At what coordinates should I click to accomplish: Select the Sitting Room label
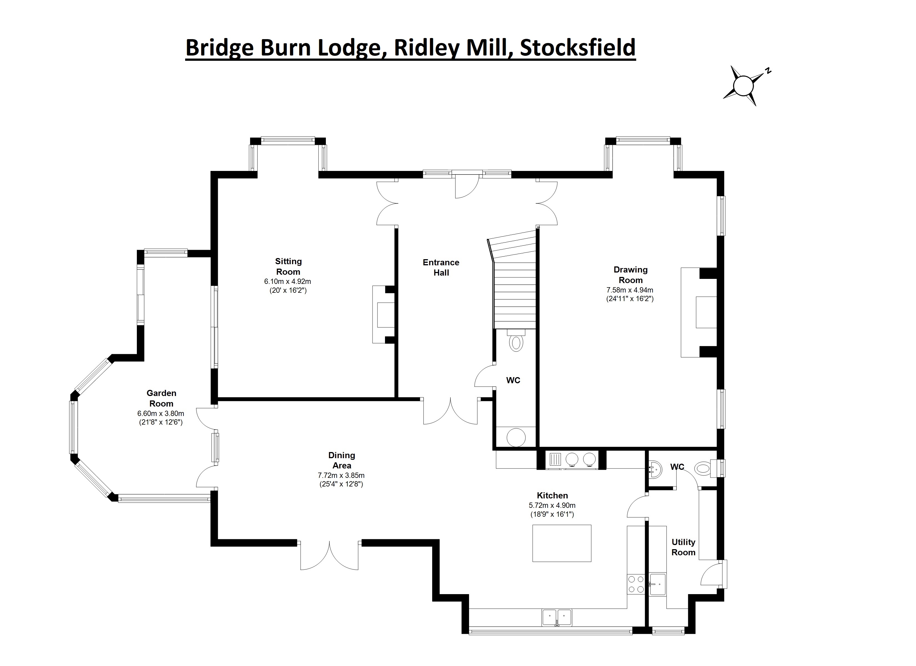[x=288, y=267]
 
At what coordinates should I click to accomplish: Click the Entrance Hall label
[x=441, y=267]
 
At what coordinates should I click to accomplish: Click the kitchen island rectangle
[x=562, y=543]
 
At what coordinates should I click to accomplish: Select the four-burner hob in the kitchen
[x=636, y=584]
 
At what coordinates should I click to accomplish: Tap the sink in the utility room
[x=658, y=584]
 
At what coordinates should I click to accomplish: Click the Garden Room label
[x=161, y=398]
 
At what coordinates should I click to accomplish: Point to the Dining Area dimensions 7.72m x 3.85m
[x=341, y=475]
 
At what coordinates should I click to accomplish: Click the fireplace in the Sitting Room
[x=383, y=315]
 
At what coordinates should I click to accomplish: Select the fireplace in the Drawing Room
[x=699, y=312]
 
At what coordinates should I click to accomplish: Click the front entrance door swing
[x=467, y=186]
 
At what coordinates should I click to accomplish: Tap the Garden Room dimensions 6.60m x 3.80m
[x=161, y=413]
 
